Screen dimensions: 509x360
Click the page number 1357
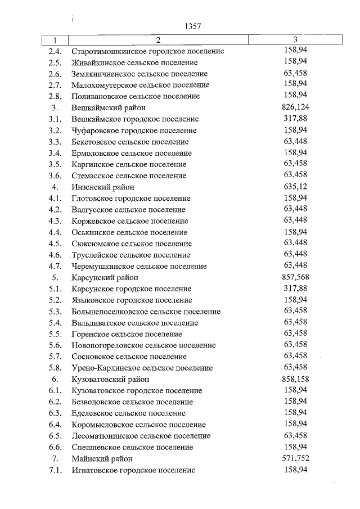coord(192,26)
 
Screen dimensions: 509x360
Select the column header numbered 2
coord(158,40)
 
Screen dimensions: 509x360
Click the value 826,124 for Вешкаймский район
coord(295,107)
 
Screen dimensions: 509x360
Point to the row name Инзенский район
coord(103,187)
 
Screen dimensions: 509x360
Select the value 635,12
coord(295,187)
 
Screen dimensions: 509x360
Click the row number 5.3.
coord(55,311)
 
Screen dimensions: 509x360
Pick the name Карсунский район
coord(105,277)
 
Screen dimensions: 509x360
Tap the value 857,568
coord(295,277)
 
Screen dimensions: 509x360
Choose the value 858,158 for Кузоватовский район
coord(295,379)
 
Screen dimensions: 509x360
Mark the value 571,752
coord(295,458)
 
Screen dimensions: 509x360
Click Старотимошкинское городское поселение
coord(148,51)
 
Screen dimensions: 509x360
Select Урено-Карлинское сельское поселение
coord(142,368)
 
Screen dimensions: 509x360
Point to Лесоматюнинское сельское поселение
coord(141,436)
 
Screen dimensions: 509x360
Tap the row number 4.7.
coord(55,266)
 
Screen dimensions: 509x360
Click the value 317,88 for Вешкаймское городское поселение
coord(295,119)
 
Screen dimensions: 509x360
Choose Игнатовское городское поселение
coord(133,470)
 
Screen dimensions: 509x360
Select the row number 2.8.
coord(55,96)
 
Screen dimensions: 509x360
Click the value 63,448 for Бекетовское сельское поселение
coord(295,141)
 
